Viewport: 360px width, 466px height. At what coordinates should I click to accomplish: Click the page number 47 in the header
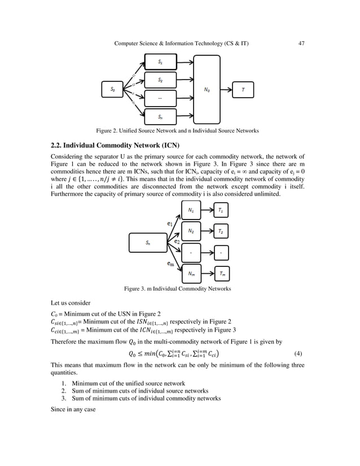(x=301, y=43)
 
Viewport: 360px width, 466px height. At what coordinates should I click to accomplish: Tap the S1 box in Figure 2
(x=161, y=61)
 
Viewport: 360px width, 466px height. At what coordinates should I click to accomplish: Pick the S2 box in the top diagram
(x=161, y=80)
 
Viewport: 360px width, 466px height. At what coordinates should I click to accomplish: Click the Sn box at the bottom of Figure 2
(x=161, y=117)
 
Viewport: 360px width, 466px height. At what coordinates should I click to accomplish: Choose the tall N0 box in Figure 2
(x=207, y=89)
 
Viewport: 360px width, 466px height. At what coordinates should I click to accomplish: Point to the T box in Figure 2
(x=243, y=89)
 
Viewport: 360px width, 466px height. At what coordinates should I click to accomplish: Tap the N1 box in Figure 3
(x=191, y=210)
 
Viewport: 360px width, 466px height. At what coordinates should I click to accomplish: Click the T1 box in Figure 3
(x=221, y=210)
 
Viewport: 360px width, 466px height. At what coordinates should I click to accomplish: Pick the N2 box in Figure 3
(x=191, y=231)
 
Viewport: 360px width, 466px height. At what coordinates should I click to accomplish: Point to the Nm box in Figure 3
(x=191, y=274)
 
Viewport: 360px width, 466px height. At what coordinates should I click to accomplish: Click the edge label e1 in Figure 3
(x=170, y=223)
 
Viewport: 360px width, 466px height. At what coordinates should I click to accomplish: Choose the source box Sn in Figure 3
(x=147, y=243)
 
